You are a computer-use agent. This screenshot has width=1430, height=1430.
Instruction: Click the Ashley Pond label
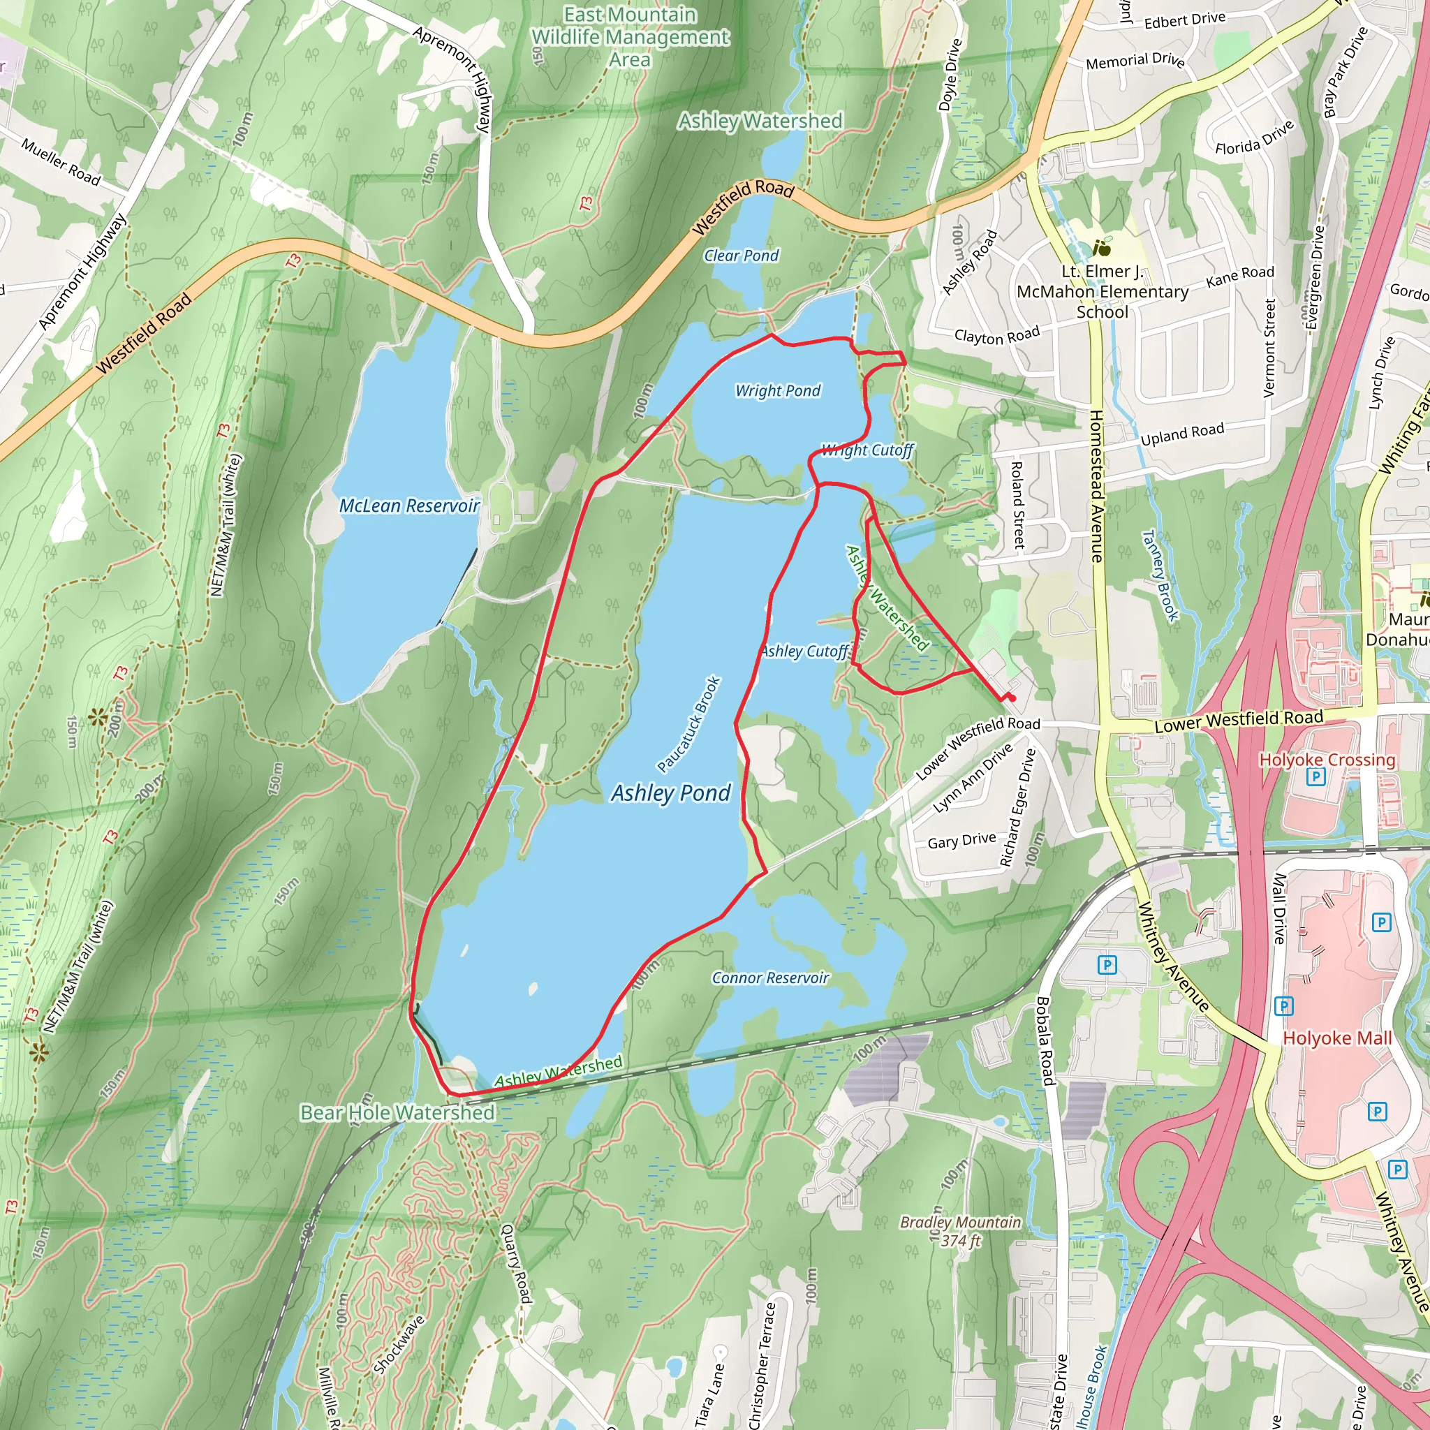tap(670, 793)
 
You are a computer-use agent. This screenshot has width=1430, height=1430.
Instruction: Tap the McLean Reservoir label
tap(409, 506)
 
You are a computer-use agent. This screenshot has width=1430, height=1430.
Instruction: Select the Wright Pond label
tap(778, 390)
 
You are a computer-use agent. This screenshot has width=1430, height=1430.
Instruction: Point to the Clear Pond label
tap(741, 256)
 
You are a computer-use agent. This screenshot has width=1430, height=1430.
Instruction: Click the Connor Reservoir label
tap(771, 978)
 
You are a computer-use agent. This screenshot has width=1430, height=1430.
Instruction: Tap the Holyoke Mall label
tap(1336, 1038)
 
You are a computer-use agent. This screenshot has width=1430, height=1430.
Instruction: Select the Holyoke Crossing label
tap(1327, 760)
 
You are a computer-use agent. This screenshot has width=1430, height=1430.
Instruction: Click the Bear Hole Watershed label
tap(397, 1112)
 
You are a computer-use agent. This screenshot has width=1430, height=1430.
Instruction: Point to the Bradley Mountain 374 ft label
tap(961, 1231)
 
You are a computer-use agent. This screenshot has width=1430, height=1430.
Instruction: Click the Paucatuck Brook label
tap(688, 724)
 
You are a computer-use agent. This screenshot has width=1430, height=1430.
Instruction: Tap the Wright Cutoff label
tap(867, 450)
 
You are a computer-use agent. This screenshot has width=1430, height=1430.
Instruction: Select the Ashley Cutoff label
tap(804, 651)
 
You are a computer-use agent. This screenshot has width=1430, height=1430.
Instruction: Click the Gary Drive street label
tap(961, 841)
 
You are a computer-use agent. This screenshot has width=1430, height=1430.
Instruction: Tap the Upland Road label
tap(1182, 434)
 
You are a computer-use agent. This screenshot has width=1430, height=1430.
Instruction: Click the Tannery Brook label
tap(1160, 575)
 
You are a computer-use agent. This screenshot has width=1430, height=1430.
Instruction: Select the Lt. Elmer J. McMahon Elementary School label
tap(1102, 292)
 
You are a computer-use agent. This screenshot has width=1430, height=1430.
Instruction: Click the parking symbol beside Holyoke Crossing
tap(1315, 776)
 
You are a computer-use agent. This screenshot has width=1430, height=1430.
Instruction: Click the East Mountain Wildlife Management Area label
tap(631, 36)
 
